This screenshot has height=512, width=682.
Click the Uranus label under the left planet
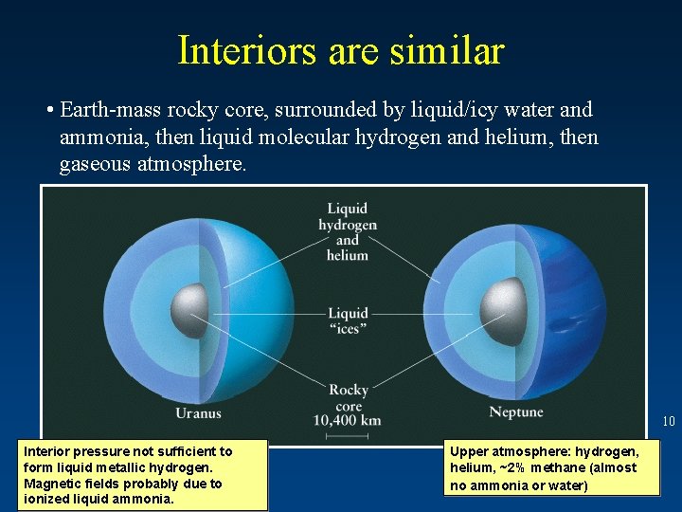coord(198,412)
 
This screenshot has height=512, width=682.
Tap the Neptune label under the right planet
coord(516,412)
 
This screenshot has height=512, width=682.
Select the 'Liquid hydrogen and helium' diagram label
coord(348,231)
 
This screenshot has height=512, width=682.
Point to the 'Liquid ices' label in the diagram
coord(348,320)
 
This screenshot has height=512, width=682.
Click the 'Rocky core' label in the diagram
coord(348,397)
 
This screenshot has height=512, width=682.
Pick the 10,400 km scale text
coord(347,420)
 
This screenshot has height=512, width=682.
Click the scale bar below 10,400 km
coord(347,435)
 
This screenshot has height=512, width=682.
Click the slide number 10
coord(668,421)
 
